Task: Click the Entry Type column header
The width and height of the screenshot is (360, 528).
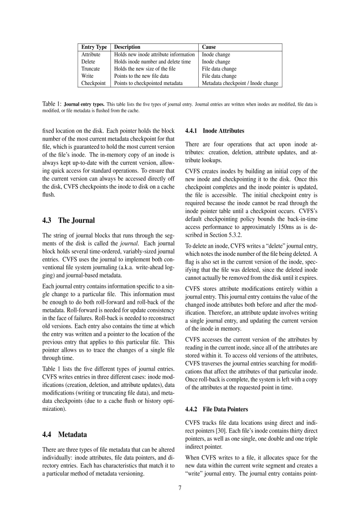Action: click(x=94, y=47)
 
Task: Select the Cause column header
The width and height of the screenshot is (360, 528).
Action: click(x=209, y=47)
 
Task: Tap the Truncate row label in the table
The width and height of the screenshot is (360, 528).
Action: click(x=91, y=69)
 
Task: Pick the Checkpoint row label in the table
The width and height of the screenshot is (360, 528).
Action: click(x=94, y=83)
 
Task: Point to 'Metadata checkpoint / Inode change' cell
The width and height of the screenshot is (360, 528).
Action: click(x=240, y=83)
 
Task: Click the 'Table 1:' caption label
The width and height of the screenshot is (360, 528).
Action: click(x=51, y=103)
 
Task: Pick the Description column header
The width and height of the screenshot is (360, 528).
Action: click(x=127, y=47)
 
